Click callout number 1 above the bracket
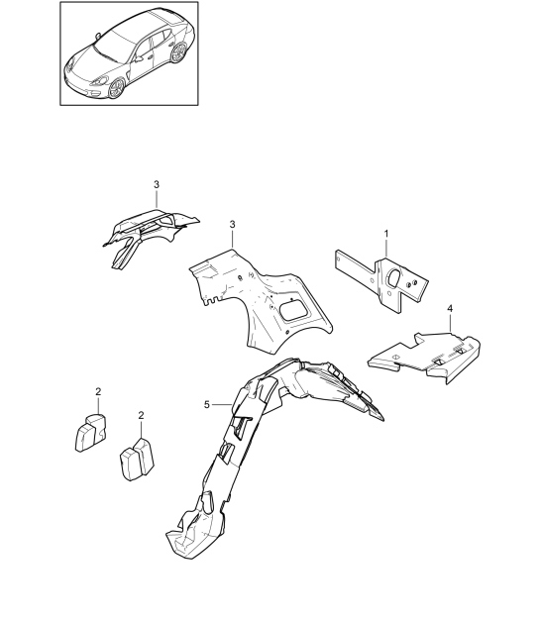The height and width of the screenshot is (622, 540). coord(386,234)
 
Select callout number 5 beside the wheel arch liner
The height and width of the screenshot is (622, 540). coord(207,404)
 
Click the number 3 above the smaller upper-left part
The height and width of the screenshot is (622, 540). coord(157,184)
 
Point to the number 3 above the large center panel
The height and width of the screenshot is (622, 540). coord(232,225)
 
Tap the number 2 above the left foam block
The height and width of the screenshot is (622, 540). coord(98,391)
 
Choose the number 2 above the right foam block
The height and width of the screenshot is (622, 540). coord(142,415)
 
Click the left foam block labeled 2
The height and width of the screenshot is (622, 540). coord(90,432)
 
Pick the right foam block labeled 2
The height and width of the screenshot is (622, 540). coord(137,459)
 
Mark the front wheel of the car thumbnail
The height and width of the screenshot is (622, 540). coord(116,88)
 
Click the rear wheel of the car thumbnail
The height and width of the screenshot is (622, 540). coord(178,52)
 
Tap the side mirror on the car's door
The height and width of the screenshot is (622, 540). coord(139,58)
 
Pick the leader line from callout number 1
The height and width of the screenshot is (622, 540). coord(386,249)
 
